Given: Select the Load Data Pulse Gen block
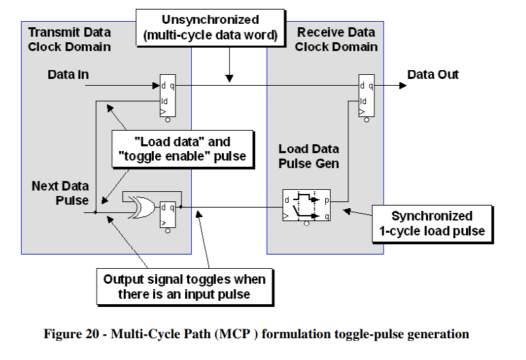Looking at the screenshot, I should tap(306, 206).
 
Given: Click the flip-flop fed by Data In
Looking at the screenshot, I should tap(167, 95).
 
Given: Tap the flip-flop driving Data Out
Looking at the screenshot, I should tap(367, 95).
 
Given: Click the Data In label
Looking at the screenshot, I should tap(68, 74).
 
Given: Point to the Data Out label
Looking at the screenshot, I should tap(433, 74).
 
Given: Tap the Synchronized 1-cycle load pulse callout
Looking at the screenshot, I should tap(431, 223).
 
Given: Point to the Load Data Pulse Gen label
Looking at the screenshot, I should tap(309, 157).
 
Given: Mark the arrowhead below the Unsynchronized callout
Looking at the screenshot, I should tap(231, 80).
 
